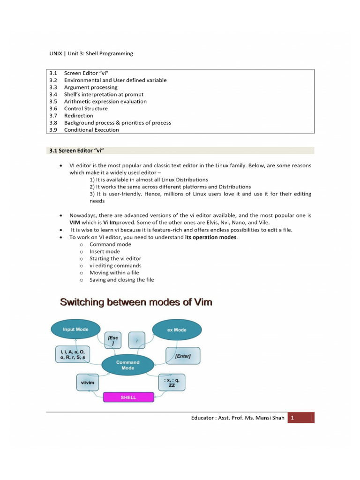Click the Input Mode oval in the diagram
tap(75, 330)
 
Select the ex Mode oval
tap(177, 330)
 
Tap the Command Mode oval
tap(127, 365)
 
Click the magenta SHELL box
tap(128, 397)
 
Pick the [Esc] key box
tap(113, 340)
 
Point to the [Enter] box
tap(183, 356)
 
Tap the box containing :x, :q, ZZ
tap(172, 382)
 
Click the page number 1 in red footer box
tap(292, 418)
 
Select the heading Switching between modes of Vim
tap(136, 302)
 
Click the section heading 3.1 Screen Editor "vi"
tap(79, 150)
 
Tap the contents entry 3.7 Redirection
tap(78, 115)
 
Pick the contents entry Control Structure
tap(86, 108)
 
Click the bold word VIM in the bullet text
tap(75, 223)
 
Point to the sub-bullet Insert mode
tap(105, 251)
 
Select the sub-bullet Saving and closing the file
tap(121, 280)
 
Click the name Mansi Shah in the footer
tap(268, 418)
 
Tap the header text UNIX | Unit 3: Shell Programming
tap(91, 53)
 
